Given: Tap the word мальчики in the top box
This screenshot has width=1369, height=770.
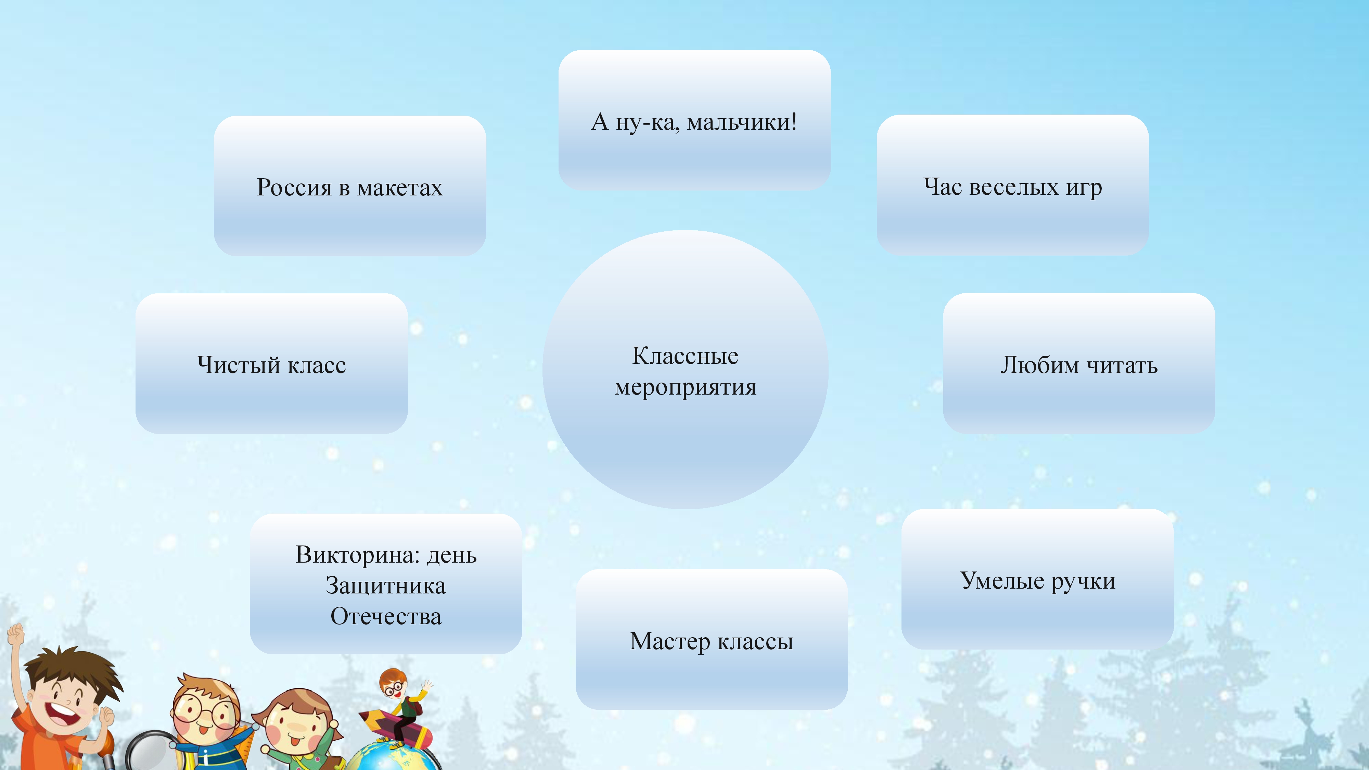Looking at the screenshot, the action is coord(742,123).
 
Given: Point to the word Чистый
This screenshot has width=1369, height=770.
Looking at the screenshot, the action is coord(239,365).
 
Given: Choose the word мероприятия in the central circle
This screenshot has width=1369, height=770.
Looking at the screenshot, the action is coord(686,387).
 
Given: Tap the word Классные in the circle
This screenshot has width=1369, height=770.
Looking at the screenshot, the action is coord(685,356).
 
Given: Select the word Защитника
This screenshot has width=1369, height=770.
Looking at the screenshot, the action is coord(386,586).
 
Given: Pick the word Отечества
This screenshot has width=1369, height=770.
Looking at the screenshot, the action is coord(386,616).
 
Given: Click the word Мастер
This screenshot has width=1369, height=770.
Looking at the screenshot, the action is coord(670,641).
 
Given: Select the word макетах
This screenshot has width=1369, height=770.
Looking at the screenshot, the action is coord(400,188).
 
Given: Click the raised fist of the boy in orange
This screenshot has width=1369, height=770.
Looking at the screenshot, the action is coord(16,633).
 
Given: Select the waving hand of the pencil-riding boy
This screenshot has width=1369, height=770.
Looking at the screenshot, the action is coord(427,686).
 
